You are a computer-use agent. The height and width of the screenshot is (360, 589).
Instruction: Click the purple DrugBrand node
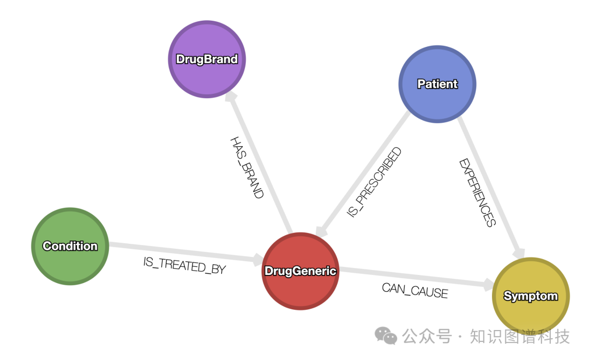coord(207,59)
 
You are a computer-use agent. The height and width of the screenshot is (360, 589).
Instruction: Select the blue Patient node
coord(437,84)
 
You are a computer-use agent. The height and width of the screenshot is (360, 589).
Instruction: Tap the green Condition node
coord(70,246)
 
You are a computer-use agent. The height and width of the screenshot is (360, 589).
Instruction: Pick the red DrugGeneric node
coord(300,271)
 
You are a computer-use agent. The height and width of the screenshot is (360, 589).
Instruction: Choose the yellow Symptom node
coord(531,296)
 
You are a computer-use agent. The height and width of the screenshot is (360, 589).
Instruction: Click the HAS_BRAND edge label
coord(247,167)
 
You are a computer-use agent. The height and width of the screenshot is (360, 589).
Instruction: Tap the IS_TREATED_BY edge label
coord(184,266)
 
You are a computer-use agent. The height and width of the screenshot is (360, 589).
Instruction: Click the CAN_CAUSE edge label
coord(414,290)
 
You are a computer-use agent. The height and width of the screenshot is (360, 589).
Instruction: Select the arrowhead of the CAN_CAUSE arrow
coord(487,284)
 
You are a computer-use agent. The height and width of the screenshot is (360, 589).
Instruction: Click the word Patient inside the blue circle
coord(437,84)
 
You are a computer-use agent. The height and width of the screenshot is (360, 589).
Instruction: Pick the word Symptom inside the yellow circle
coord(531,296)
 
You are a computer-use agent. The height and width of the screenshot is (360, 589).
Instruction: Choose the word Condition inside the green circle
coord(70,246)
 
